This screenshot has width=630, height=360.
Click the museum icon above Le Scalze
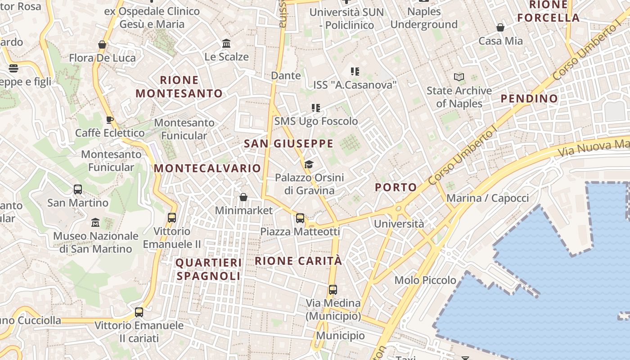pyautogui.click(x=226, y=44)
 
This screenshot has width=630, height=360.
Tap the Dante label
pyautogui.click(x=286, y=76)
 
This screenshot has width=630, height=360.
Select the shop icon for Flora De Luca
pyautogui.click(x=102, y=45)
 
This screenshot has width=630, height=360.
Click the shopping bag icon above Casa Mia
pyautogui.click(x=500, y=28)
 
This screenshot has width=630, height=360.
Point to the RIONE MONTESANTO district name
pyautogui.click(x=179, y=87)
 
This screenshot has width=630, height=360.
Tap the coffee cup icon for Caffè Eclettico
pyautogui.click(x=109, y=120)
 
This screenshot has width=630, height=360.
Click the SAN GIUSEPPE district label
pyautogui.click(x=288, y=144)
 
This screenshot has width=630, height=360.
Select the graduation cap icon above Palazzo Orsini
pyautogui.click(x=309, y=165)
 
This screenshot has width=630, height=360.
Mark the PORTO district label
pyautogui.click(x=396, y=187)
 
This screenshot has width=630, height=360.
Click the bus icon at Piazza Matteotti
pyautogui.click(x=300, y=218)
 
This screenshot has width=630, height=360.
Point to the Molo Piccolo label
pyautogui.click(x=425, y=280)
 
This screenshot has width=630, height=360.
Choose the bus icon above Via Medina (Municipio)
pyautogui.click(x=333, y=290)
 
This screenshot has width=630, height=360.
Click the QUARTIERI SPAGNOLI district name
pyautogui.click(x=209, y=269)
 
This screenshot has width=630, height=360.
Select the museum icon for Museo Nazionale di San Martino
pyautogui.click(x=95, y=223)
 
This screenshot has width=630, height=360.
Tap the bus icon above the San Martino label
pyautogui.click(x=78, y=189)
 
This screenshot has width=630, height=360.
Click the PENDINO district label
pyautogui.click(x=529, y=99)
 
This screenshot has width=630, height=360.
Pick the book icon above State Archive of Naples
pyautogui.click(x=459, y=77)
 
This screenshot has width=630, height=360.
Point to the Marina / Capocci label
pyautogui.click(x=488, y=198)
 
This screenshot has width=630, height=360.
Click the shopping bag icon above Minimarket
pyautogui.click(x=243, y=197)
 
